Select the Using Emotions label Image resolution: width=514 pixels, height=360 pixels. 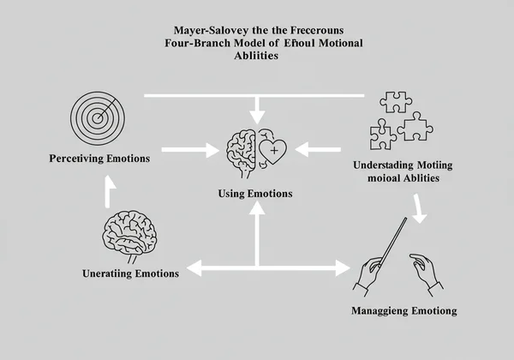(257, 194)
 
